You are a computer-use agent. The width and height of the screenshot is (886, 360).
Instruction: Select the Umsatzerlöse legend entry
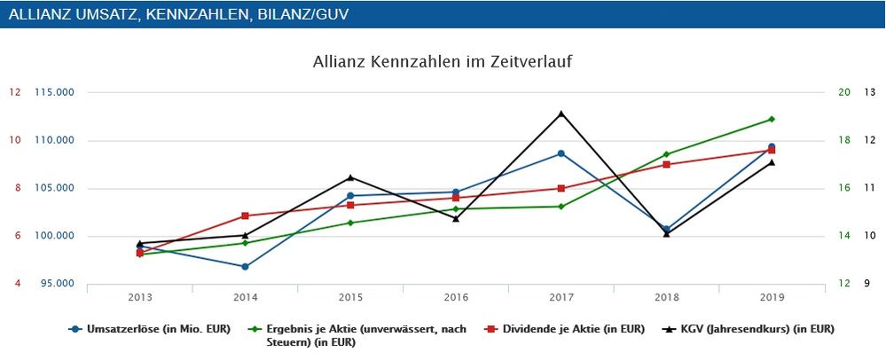coord(151,329)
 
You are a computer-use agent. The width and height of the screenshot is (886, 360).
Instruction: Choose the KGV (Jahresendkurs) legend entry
coord(750,329)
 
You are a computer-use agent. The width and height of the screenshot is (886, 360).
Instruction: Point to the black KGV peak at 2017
coord(561,113)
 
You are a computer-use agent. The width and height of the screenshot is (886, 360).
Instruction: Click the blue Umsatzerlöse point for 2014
coord(245,266)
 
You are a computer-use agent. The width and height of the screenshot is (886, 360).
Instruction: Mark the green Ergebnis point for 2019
coord(772,119)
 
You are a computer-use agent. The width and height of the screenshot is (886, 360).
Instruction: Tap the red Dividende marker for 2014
coord(245,215)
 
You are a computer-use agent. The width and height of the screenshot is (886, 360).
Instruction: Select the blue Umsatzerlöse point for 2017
coord(561,153)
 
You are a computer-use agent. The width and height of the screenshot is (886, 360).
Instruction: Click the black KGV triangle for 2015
coord(350,177)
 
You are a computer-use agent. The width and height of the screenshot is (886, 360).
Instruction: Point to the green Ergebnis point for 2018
coord(666,154)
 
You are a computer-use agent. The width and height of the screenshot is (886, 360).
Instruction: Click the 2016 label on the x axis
coord(456,297)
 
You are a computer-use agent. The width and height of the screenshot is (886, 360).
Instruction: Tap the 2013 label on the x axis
coord(140,297)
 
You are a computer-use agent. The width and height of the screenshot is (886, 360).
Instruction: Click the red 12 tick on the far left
coord(16,92)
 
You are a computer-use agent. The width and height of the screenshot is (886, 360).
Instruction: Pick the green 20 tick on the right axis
coord(843,92)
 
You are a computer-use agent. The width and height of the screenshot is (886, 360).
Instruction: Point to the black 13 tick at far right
coord(869,92)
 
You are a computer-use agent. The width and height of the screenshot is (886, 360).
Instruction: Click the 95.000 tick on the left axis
coord(56,284)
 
